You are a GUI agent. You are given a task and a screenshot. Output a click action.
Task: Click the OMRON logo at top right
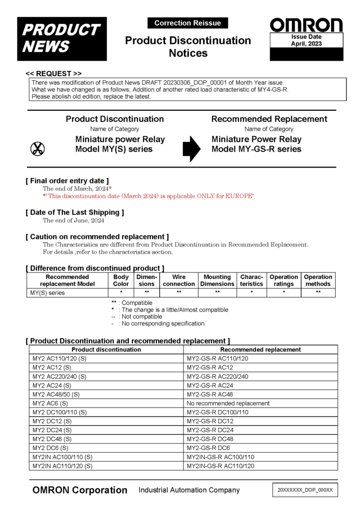click(x=306, y=25)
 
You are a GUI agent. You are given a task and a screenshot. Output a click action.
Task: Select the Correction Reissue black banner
click(x=187, y=23)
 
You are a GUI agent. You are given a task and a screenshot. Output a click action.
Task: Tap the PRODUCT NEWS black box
click(x=62, y=38)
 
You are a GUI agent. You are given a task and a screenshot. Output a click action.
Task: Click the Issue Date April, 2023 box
click(x=306, y=41)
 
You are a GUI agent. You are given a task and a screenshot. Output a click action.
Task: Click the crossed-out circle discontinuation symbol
click(x=38, y=148)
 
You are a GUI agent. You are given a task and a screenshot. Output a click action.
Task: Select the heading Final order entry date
click(x=67, y=181)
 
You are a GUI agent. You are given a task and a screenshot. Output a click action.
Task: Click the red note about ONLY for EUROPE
click(x=148, y=196)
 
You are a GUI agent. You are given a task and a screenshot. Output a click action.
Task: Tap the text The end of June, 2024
click(x=73, y=220)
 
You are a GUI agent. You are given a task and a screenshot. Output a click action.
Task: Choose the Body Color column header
click(x=121, y=280)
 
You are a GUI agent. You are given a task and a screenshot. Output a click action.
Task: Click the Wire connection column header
click(x=179, y=280)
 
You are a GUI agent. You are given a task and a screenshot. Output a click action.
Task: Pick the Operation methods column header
click(x=318, y=280)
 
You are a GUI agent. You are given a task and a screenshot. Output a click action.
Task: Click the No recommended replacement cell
click(x=228, y=403)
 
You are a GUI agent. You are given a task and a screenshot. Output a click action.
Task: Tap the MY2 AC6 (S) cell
click(x=50, y=403)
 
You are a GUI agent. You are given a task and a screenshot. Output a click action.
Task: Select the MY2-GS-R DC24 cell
click(x=210, y=430)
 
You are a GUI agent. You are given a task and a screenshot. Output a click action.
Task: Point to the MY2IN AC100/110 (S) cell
click(x=62, y=457)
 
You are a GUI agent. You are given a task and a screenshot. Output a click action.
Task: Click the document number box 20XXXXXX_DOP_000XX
click(x=305, y=490)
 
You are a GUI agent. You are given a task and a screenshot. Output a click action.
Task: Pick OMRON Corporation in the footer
click(x=80, y=490)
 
